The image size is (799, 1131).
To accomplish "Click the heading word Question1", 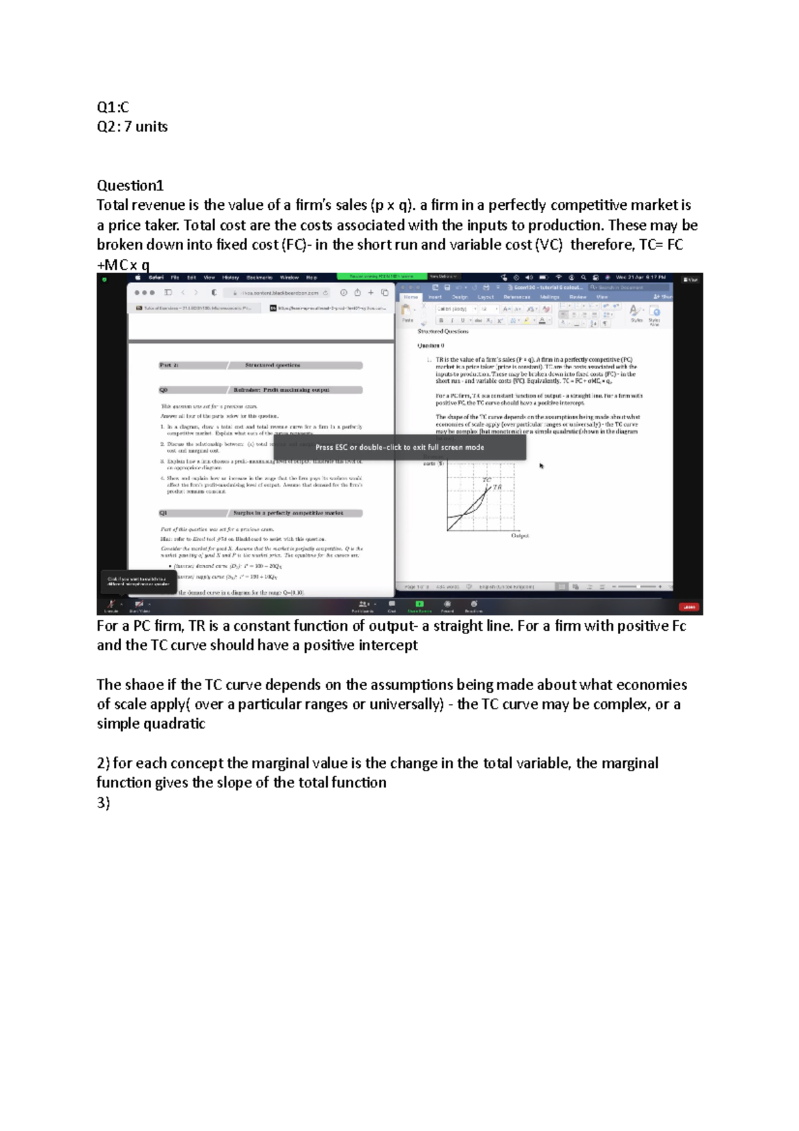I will coord(130,186).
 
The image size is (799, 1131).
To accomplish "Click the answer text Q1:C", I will coord(113,107).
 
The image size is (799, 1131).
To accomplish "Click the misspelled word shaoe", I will coord(144,685).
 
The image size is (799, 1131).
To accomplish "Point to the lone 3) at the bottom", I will coord(103,803).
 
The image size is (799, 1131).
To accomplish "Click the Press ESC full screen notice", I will coord(400,447).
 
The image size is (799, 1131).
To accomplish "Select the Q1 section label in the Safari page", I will coord(164,513).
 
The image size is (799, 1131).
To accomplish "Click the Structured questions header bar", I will coord(273,365).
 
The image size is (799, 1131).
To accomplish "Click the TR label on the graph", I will coord(497,487).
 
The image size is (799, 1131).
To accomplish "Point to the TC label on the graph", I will coord(487,479).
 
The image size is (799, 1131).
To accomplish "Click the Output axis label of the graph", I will coord(520,535).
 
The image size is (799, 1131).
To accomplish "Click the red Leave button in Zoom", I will coord(688,607).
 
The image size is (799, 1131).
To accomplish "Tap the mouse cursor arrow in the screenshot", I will coord(541,466).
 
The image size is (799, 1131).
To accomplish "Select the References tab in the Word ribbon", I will coord(517,297).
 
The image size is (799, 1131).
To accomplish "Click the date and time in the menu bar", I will coord(641,277).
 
